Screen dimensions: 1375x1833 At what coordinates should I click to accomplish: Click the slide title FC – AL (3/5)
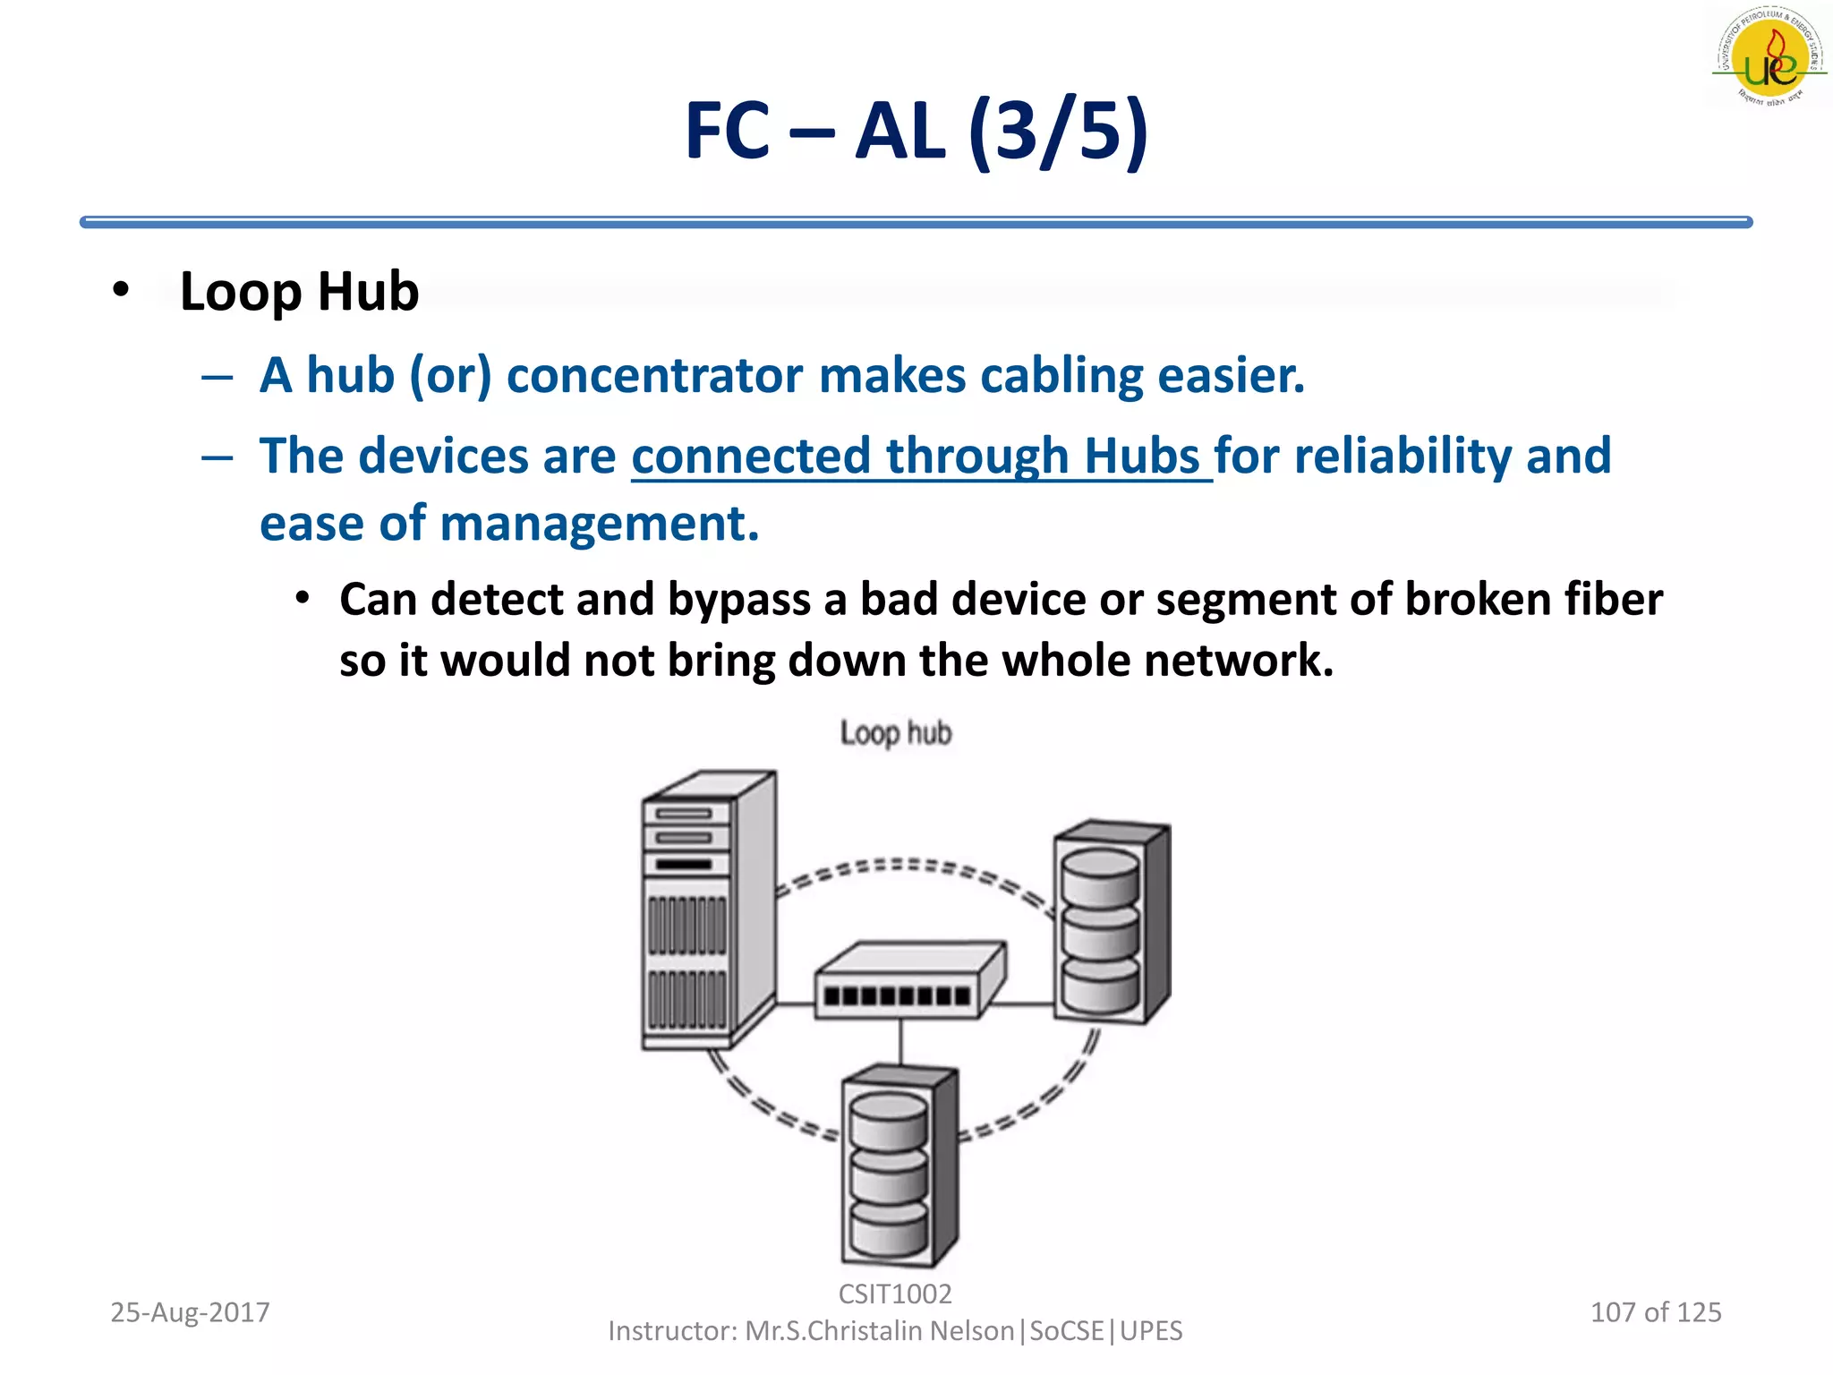coord(916,132)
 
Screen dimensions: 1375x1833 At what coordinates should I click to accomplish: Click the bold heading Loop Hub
coord(299,292)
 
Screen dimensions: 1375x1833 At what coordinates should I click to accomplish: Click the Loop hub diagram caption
coord(895,733)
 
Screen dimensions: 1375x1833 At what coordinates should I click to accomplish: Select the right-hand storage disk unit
coord(1110,922)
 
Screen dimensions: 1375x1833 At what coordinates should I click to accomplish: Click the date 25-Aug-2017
coord(190,1312)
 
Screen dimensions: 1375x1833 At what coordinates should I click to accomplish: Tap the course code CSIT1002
coord(895,1294)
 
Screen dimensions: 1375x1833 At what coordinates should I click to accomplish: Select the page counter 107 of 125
coord(1655,1312)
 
